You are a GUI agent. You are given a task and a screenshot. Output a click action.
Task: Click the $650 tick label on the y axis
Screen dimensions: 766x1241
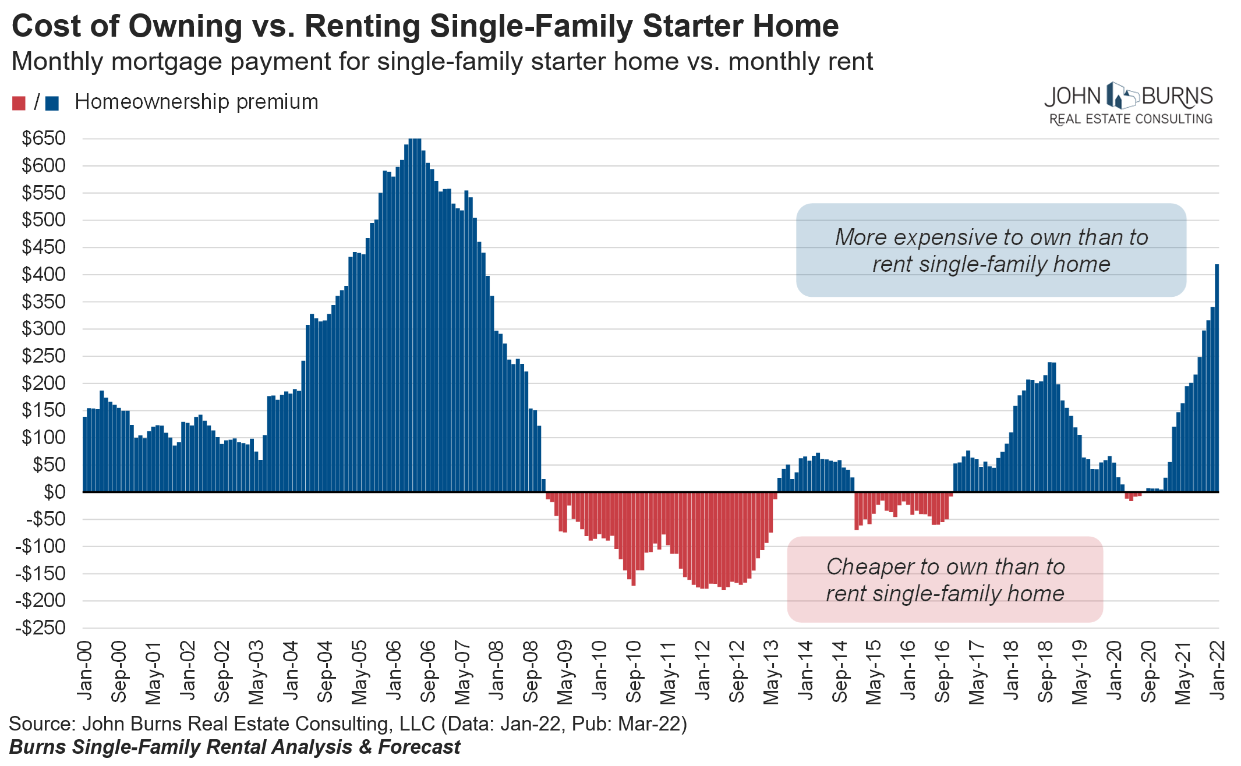click(x=44, y=139)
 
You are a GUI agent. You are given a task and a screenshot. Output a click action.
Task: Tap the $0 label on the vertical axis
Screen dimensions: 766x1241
click(x=55, y=492)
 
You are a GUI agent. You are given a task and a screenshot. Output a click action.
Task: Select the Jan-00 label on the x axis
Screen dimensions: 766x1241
click(x=85, y=672)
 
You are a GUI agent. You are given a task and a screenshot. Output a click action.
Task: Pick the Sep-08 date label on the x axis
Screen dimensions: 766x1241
click(x=531, y=672)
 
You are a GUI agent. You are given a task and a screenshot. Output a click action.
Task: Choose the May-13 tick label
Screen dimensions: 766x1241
click(x=772, y=672)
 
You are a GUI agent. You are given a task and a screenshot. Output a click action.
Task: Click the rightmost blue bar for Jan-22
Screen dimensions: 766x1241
click(x=1217, y=378)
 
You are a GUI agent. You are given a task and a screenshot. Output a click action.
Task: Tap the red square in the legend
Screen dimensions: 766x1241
click(x=19, y=103)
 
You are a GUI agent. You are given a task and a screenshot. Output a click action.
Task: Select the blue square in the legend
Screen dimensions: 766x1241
click(x=52, y=103)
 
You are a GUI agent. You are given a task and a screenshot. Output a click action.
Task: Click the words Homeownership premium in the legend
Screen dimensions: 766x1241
click(x=196, y=102)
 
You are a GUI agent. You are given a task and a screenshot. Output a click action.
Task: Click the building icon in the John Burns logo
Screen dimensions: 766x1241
click(x=1121, y=96)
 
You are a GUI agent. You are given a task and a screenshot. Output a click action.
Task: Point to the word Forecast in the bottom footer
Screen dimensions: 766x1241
click(x=419, y=747)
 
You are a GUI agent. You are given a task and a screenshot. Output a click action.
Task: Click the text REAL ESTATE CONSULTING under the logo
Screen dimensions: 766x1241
click(x=1130, y=119)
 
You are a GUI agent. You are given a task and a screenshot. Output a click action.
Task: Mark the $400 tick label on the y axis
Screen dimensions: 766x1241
click(x=44, y=274)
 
